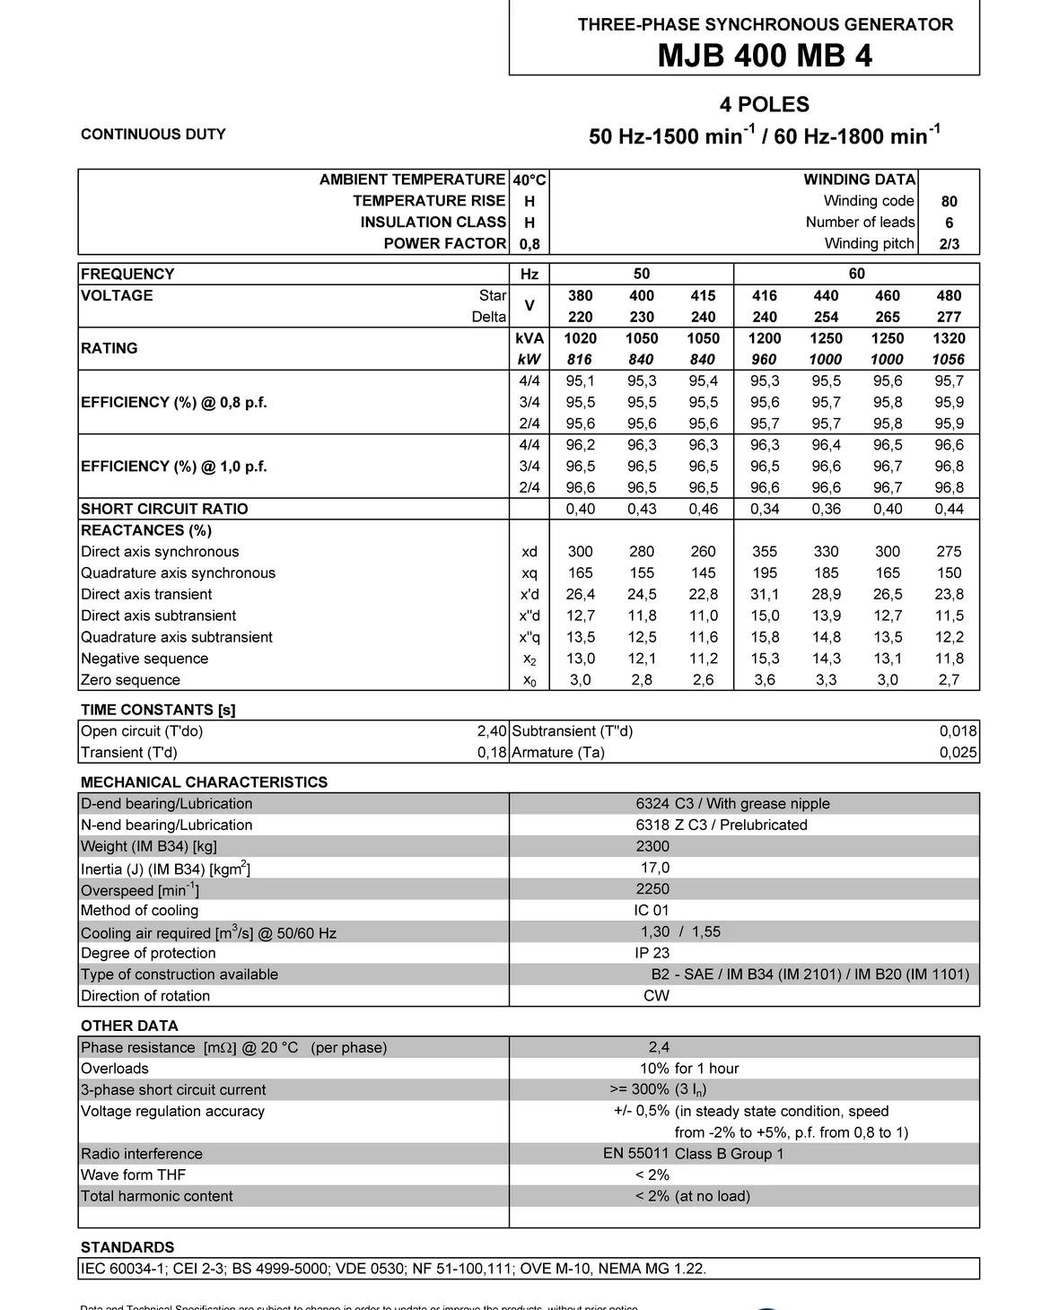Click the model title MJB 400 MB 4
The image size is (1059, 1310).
[765, 56]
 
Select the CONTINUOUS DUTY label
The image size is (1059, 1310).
[153, 135]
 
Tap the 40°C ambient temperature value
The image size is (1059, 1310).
[529, 179]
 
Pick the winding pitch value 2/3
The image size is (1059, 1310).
[949, 244]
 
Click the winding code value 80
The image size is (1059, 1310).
[949, 202]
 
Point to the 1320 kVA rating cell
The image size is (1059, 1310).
[949, 338]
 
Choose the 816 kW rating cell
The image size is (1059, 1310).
[580, 360]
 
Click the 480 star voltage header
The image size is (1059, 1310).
[949, 295]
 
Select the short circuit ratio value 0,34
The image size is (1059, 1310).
[765, 509]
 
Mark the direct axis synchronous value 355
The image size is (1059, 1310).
[765, 552]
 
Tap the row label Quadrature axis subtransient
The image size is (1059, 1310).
[177, 637]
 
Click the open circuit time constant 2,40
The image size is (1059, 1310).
[492, 731]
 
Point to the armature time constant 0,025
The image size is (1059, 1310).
[958, 753]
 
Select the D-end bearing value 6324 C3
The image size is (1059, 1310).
[664, 804]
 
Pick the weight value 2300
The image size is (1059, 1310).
[652, 846]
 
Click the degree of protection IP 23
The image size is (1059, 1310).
[652, 953]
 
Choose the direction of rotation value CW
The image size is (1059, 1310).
[656, 996]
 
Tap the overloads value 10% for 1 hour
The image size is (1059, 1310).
[689, 1069]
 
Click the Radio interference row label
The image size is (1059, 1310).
[142, 1154]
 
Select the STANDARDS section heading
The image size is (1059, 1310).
[127, 1247]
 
